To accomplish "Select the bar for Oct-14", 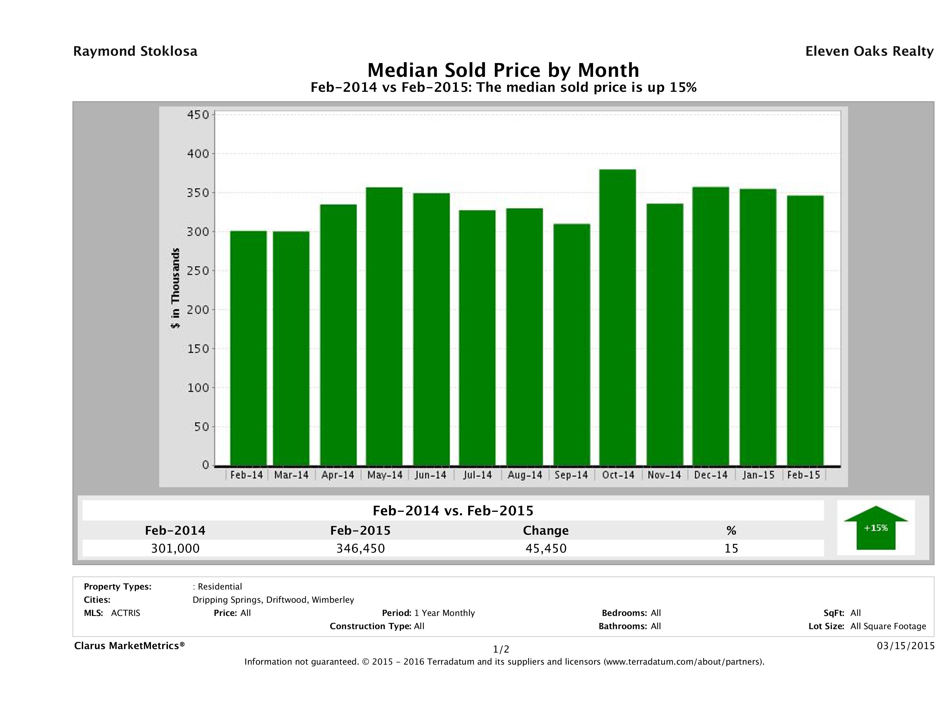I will [618, 317].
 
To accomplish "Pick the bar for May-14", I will [384, 326].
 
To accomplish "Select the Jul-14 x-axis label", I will [477, 475].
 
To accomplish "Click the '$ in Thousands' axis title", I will [175, 288].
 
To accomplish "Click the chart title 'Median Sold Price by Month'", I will [503, 70].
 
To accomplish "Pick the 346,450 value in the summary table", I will [361, 548].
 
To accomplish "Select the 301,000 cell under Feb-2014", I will [175, 548].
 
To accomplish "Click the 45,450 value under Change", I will [546, 548].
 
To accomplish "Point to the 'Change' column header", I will [546, 531].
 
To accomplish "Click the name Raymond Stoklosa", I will [135, 51].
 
